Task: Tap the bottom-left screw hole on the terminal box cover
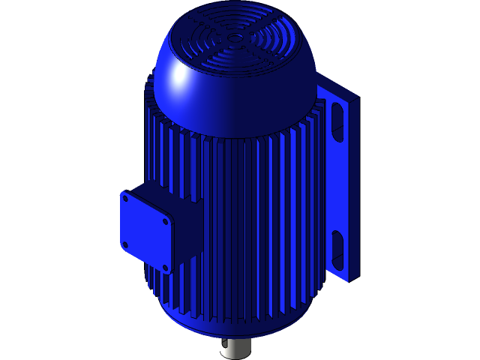click(x=125, y=244)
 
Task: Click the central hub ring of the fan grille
click(x=235, y=36)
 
